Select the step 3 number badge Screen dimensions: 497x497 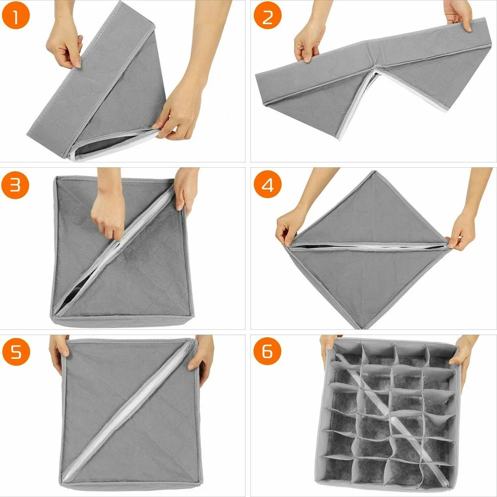pos(15,185)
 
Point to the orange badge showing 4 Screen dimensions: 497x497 pos(268,185)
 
